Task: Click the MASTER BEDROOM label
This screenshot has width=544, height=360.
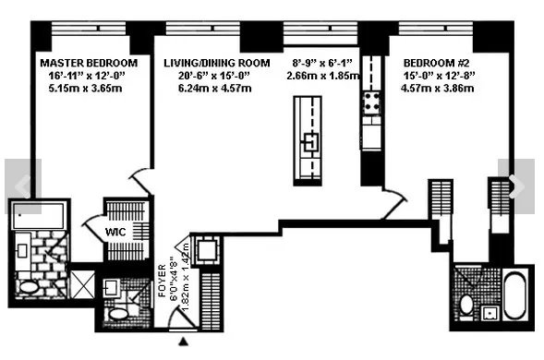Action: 89,63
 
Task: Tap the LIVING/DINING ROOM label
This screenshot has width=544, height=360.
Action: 217,63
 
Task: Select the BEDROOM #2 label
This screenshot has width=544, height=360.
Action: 438,63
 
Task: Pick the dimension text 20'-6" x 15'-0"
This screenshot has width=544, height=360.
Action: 217,76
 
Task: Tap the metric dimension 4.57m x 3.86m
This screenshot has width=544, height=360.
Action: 438,89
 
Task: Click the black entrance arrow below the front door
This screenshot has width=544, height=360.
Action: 183,342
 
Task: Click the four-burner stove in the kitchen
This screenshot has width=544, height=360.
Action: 374,103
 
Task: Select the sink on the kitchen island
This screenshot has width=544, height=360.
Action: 312,142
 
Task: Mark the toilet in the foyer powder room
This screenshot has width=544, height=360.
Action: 119,314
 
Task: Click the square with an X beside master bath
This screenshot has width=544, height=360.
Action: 82,282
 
